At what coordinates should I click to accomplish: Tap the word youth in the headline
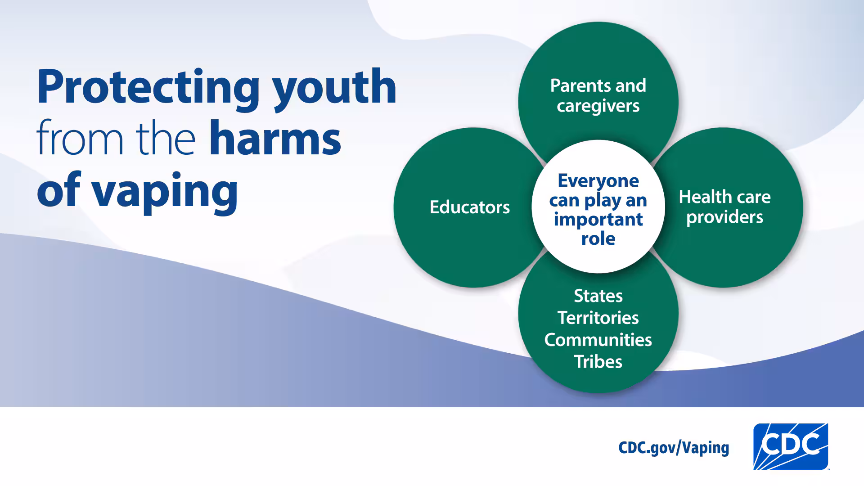tap(335, 88)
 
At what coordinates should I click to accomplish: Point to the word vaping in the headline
tap(165, 191)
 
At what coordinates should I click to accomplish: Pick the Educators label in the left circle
tap(469, 207)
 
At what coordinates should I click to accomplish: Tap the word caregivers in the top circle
tap(598, 106)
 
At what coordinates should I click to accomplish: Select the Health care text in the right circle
tap(724, 197)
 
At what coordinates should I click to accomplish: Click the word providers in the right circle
tap(724, 217)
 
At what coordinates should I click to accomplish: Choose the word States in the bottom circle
tap(598, 296)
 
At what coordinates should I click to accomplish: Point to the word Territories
tap(598, 318)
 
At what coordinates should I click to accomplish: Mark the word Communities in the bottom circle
tap(598, 340)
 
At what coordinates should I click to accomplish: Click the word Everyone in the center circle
tap(598, 181)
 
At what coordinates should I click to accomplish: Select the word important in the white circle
tap(598, 220)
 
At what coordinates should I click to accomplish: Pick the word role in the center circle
tap(598, 239)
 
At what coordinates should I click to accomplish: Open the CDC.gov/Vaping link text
tap(674, 448)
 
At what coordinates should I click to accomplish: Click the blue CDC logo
tap(791, 446)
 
